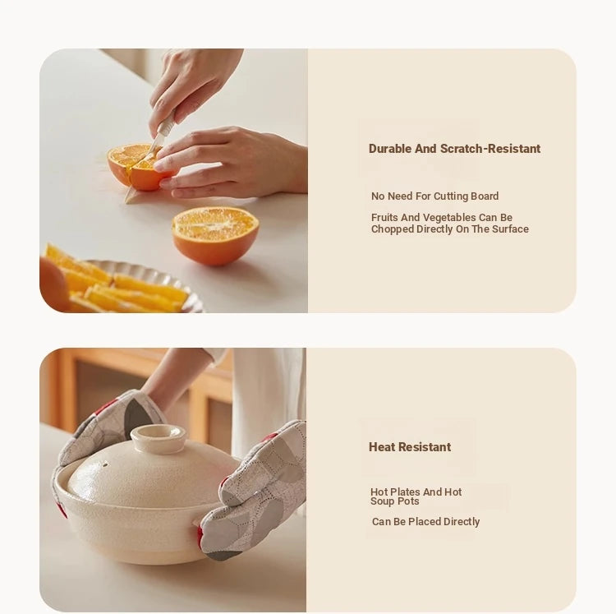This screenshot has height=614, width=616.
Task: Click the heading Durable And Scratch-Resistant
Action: (454, 149)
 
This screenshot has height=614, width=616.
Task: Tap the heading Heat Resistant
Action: (410, 447)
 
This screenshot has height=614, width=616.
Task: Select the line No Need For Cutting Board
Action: (434, 196)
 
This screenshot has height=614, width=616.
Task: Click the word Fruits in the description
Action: (384, 217)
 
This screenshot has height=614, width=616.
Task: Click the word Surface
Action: (510, 229)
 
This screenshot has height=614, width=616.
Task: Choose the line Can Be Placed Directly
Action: (425, 522)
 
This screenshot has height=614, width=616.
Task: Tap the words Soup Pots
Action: (395, 501)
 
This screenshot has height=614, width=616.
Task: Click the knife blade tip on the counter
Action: (126, 201)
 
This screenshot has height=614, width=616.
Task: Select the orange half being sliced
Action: (136, 167)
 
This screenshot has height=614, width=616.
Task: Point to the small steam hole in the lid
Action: (106, 464)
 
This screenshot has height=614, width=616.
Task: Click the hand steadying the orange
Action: (232, 161)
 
